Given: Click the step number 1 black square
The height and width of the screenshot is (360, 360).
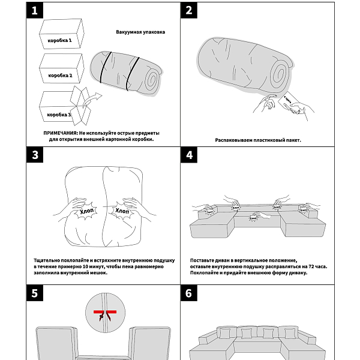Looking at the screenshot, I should click(35, 10).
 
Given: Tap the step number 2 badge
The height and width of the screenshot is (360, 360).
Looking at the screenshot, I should click(189, 10).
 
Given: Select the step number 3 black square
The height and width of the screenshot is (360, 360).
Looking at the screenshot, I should click(35, 155).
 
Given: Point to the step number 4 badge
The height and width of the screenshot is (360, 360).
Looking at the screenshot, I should click(189, 155).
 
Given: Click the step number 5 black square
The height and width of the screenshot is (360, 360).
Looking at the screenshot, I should click(35, 293).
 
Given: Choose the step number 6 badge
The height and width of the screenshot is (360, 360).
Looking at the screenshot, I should click(189, 293).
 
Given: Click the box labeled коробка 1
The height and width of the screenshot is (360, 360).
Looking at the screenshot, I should click(60, 37).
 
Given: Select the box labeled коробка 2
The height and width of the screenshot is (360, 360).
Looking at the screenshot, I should click(60, 72).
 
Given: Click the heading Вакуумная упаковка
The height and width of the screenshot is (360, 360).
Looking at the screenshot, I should click(140, 32).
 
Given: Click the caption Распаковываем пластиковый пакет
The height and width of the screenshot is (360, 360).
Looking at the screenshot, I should click(258, 140).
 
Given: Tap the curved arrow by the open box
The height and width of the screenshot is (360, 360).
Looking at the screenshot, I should click(87, 100).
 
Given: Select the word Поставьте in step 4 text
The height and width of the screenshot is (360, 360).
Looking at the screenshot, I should click(203, 260).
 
